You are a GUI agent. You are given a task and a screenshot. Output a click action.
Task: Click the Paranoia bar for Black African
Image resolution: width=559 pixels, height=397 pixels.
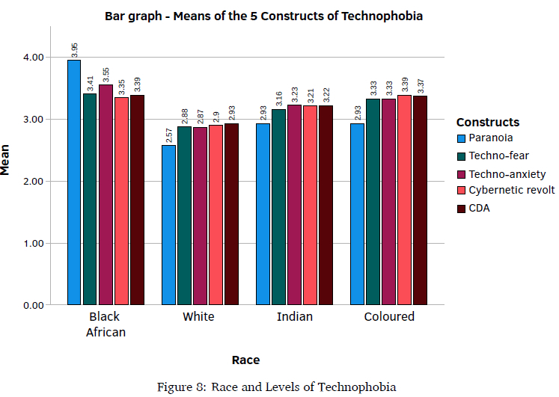(74, 182)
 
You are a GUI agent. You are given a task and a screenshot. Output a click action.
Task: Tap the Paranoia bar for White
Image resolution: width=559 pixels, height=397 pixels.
(168, 225)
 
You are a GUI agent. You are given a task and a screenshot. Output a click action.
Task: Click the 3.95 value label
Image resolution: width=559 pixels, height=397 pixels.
(75, 50)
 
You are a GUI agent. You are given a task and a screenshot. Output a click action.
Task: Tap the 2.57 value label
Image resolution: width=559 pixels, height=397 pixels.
(169, 135)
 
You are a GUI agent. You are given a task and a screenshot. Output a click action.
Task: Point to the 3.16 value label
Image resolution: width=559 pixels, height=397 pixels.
(278, 99)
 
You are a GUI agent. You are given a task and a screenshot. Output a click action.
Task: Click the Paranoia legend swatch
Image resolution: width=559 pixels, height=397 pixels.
(462, 138)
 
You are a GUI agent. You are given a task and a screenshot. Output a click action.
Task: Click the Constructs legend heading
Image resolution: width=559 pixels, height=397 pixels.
(488, 122)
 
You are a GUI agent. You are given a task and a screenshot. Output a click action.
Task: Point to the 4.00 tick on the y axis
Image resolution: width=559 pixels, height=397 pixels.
(33, 58)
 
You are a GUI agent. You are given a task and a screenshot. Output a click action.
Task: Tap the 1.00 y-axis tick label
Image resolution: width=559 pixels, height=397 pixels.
(33, 243)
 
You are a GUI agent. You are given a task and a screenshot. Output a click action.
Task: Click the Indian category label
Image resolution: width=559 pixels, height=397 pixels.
(294, 317)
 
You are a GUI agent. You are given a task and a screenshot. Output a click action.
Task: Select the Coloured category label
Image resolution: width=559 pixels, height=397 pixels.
(389, 317)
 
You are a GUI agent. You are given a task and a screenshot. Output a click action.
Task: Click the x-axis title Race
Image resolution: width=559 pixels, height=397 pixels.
(245, 360)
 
